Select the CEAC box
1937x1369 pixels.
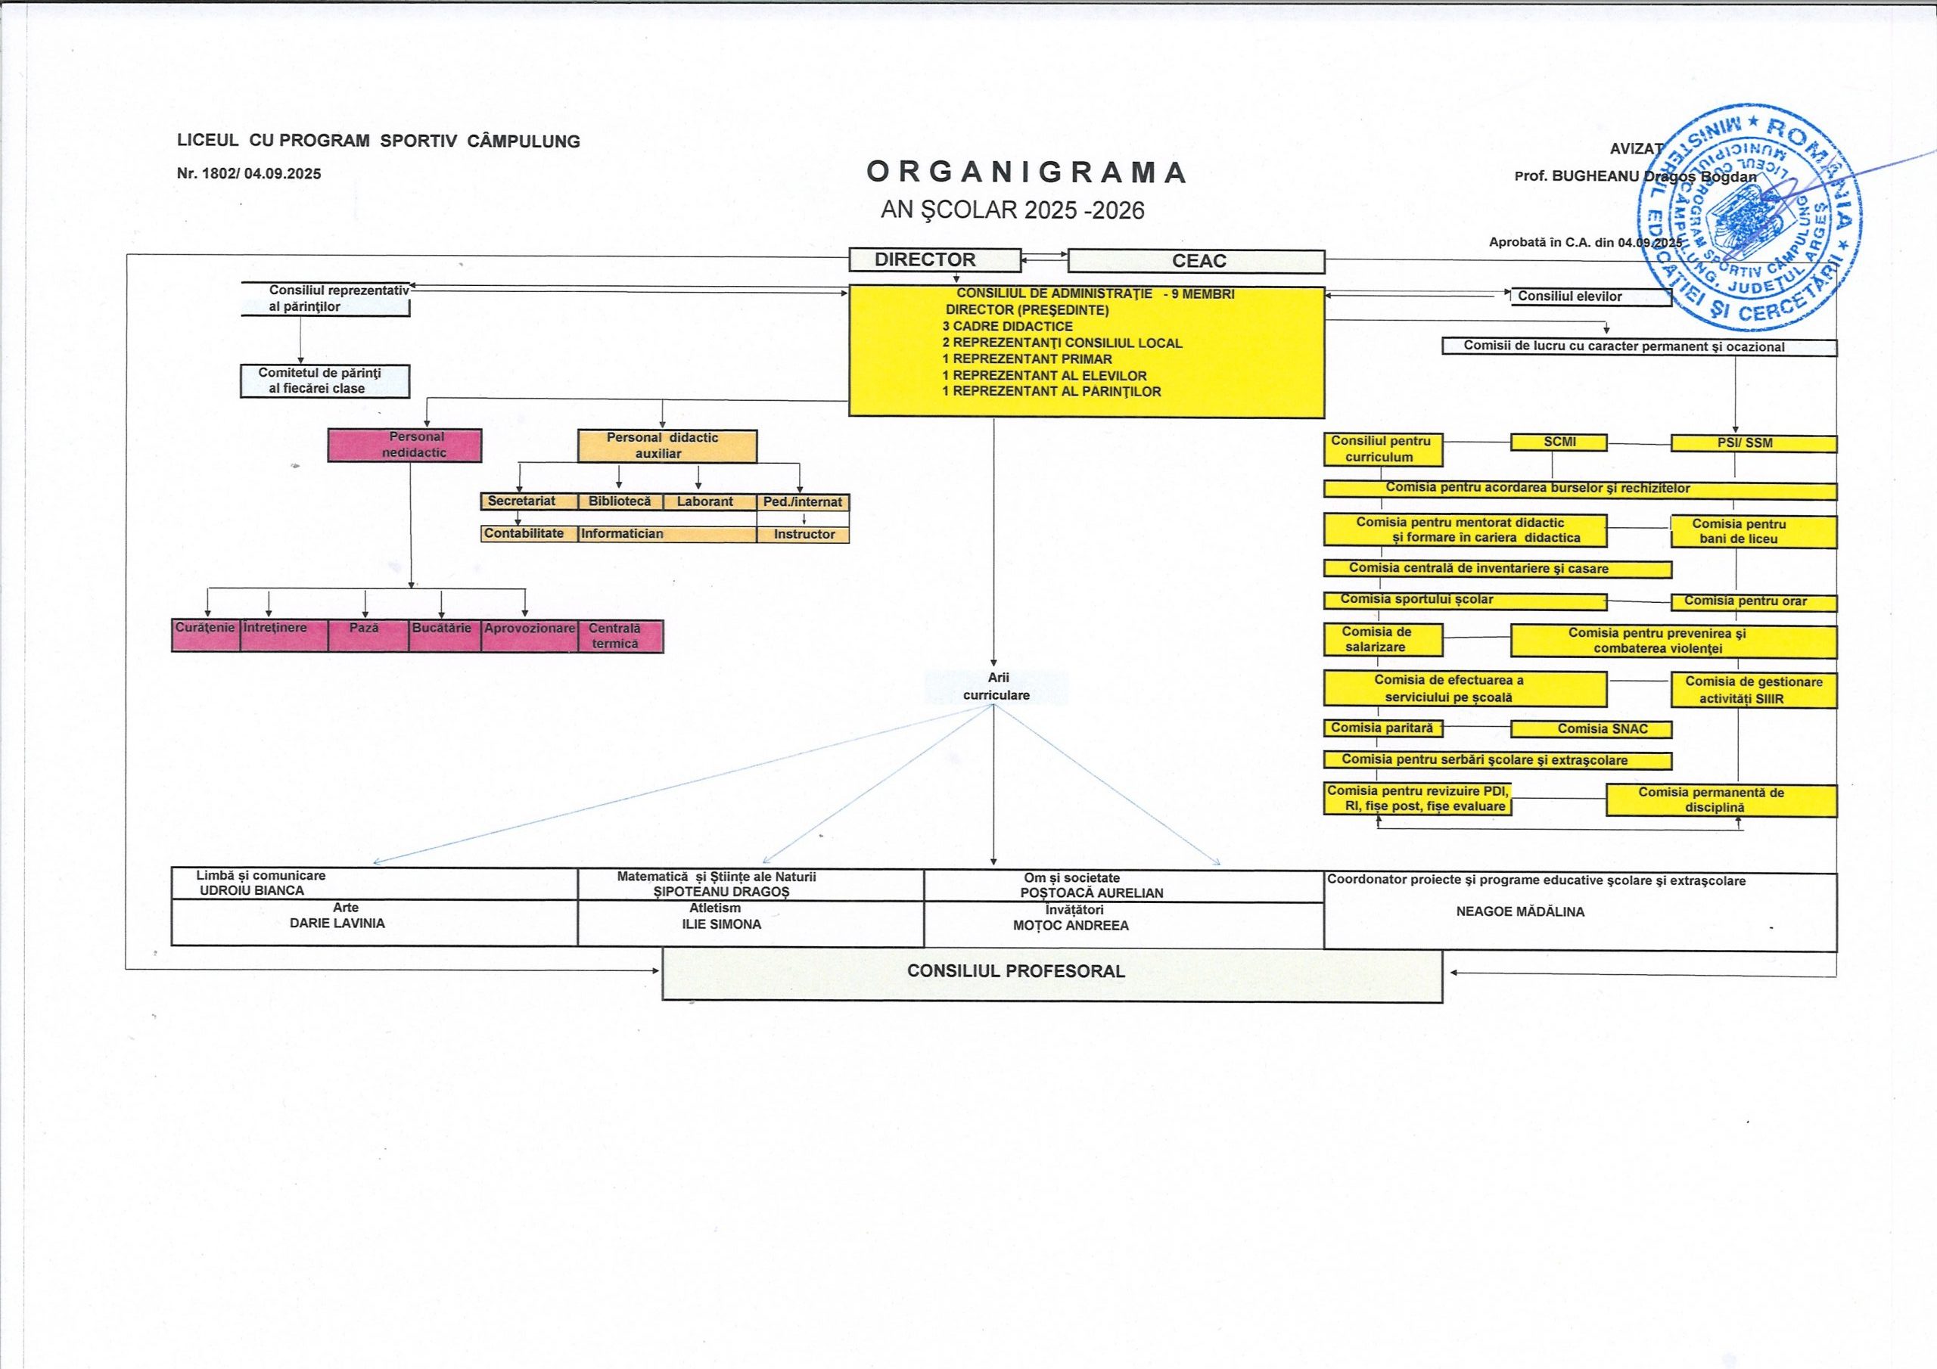click(1195, 262)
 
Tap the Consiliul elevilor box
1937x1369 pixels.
click(1590, 296)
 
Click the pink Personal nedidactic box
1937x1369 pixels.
click(405, 445)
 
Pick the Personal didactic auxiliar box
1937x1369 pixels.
click(667, 445)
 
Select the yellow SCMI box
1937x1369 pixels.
click(1558, 442)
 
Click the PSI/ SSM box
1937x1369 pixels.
click(1753, 442)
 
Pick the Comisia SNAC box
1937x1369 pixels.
click(1590, 729)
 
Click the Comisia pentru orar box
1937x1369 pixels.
click(1753, 601)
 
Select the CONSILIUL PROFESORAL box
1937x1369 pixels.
click(1051, 973)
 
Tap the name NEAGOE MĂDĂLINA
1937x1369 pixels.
click(1520, 912)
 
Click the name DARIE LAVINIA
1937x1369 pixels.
click(337, 924)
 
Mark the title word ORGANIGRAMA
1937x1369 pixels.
click(1027, 173)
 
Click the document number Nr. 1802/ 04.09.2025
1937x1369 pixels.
click(249, 175)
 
